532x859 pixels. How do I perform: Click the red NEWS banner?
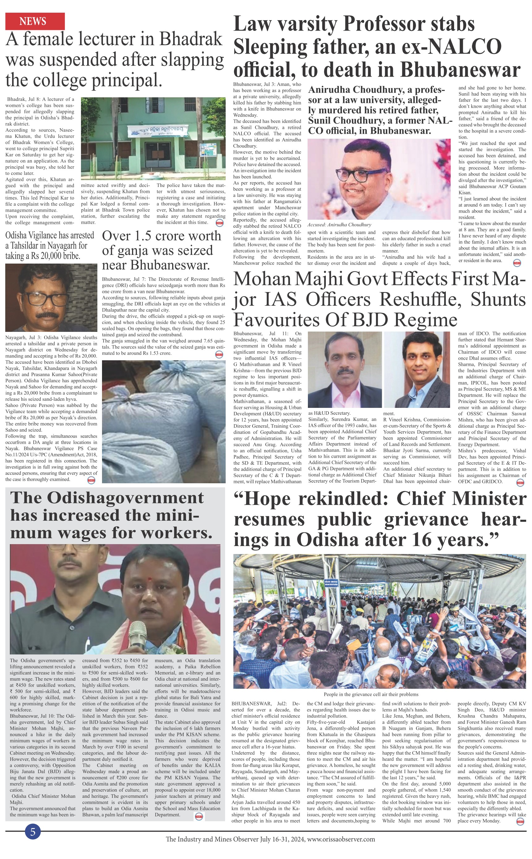point(35,21)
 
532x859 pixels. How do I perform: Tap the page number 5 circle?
point(33,831)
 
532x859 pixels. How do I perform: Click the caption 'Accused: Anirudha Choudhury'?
point(339,225)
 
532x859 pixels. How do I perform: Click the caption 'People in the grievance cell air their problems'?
point(371,694)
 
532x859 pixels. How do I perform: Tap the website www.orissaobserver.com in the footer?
point(341,839)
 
